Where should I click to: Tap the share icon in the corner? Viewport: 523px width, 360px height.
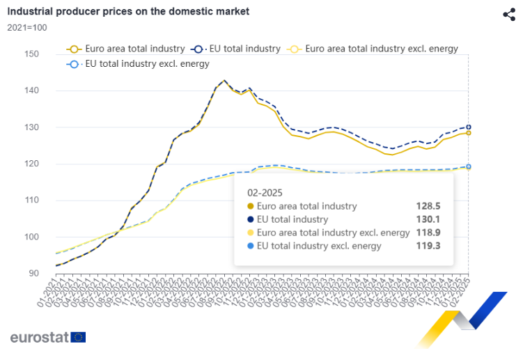(x=508, y=15)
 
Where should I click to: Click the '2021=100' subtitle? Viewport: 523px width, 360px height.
(x=27, y=28)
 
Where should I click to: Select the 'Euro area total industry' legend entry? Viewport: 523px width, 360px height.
(x=126, y=49)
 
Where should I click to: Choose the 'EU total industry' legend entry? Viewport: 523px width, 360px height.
(x=237, y=49)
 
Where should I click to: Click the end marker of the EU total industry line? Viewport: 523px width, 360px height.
(x=468, y=127)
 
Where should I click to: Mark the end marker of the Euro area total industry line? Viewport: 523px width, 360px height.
(x=468, y=133)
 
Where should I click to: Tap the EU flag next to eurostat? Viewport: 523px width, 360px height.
(x=78, y=337)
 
